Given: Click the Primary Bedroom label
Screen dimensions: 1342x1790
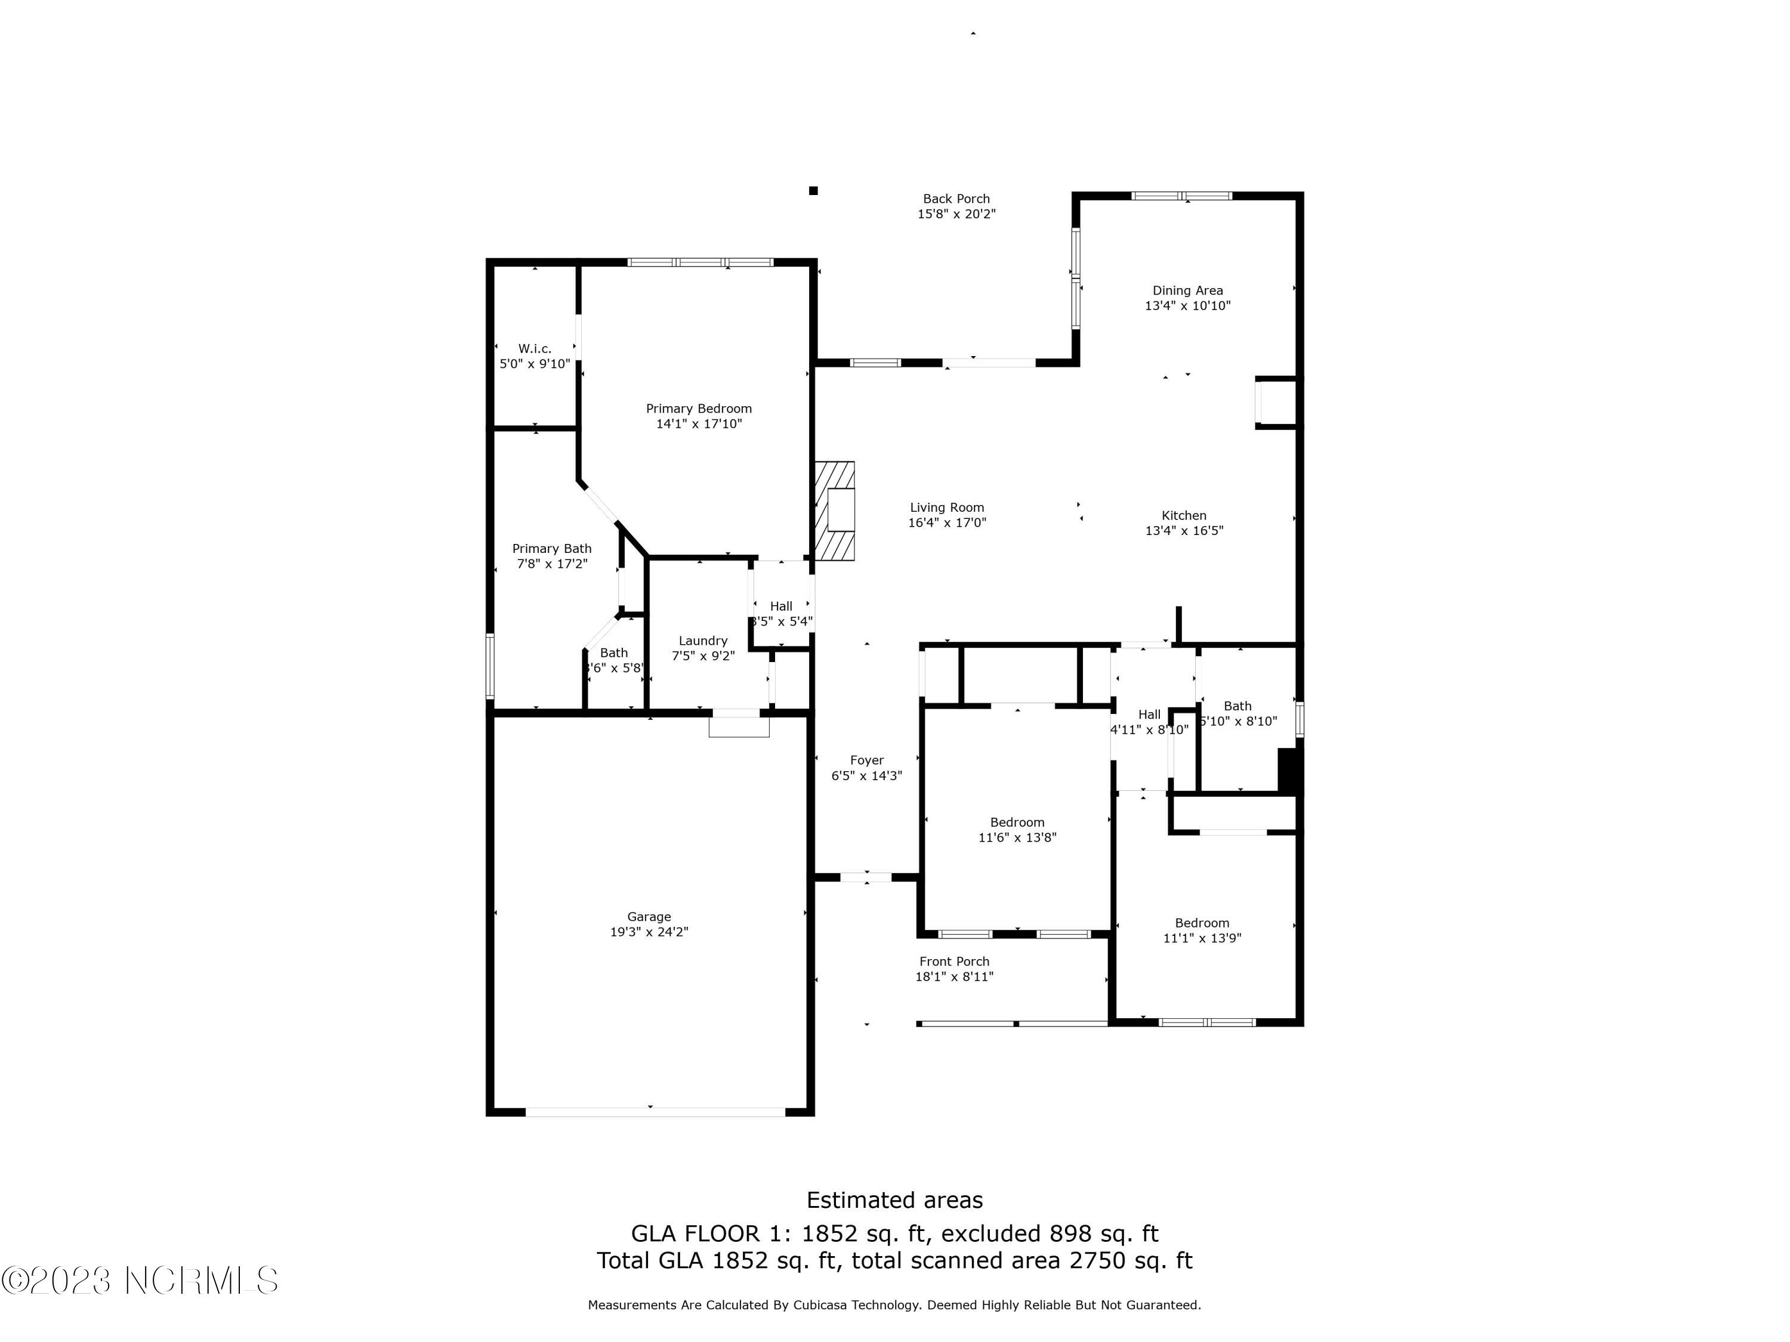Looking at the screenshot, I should pos(698,409).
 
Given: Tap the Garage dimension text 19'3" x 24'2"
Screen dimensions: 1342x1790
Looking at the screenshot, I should pos(649,932).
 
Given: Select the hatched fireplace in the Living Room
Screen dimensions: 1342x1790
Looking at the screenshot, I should pos(834,511).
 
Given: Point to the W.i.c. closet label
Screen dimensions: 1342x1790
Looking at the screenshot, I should pos(535,349).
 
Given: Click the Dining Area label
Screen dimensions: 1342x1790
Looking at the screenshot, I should pos(1187,290).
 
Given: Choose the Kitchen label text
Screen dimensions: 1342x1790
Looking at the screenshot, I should pos(1184,515).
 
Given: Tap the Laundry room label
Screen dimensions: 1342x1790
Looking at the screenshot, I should pos(702,641).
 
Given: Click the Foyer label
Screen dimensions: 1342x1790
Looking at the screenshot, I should pos(867,760).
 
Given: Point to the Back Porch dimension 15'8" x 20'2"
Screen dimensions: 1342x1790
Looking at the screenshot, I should pos(956,214).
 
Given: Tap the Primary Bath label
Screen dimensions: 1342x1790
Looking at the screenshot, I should pos(552,549).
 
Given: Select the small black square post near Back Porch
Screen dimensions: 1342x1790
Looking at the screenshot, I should pos(813,191).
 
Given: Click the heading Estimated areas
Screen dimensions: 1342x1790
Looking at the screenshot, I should pos(894,1199).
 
